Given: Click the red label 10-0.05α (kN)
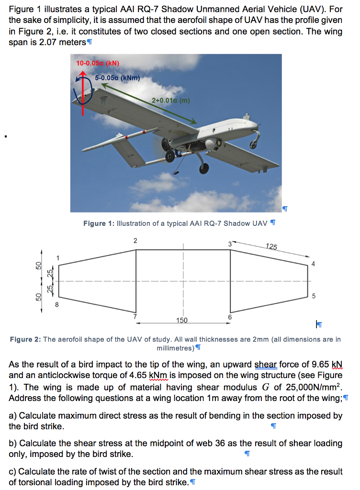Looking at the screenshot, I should [x=98, y=63].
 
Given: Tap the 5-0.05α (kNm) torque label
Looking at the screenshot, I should [x=117, y=78].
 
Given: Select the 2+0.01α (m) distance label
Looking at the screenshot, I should [x=171, y=100].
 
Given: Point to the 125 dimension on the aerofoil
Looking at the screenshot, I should [x=271, y=246].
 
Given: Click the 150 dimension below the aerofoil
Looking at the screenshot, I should [x=182, y=320].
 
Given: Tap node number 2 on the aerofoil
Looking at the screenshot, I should [x=135, y=240].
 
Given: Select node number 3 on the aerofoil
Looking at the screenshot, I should [x=230, y=244].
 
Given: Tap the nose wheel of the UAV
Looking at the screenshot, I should [x=204, y=168].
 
